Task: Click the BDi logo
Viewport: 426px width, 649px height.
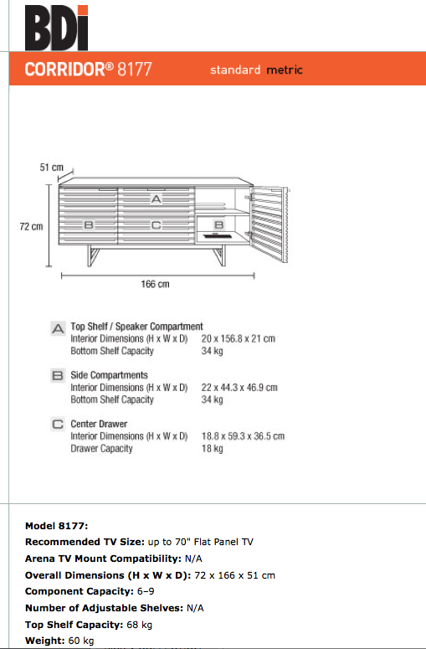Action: pyautogui.click(x=57, y=28)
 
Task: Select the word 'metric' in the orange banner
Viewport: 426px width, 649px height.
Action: pyautogui.click(x=285, y=70)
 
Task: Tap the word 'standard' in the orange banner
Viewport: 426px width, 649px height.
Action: pyautogui.click(x=235, y=70)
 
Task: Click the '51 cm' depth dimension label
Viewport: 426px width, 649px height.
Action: pyautogui.click(x=52, y=167)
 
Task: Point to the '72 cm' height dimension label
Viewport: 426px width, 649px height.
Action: pyautogui.click(x=32, y=226)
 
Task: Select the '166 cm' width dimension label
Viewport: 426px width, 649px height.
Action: pyautogui.click(x=155, y=284)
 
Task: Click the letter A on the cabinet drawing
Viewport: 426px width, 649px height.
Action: pyautogui.click(x=156, y=199)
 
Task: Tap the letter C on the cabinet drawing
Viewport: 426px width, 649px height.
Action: pyautogui.click(x=156, y=225)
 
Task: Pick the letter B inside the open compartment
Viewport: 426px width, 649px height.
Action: pyautogui.click(x=218, y=224)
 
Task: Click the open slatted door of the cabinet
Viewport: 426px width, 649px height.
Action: pyautogui.click(x=269, y=224)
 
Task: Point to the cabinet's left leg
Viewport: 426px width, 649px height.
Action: pyautogui.click(x=94, y=255)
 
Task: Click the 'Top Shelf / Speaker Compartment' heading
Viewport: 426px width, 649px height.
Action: pyautogui.click(x=137, y=326)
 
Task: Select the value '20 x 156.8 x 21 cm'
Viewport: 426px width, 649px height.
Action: pyautogui.click(x=239, y=338)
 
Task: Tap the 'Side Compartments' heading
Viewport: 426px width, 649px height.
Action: pyautogui.click(x=109, y=375)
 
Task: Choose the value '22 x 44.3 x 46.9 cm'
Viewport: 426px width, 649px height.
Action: pyautogui.click(x=239, y=388)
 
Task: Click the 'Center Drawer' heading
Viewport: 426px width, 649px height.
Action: pyautogui.click(x=99, y=424)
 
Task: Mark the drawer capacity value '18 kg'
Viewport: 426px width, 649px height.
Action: pyautogui.click(x=213, y=448)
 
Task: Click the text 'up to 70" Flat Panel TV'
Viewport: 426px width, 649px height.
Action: pyautogui.click(x=201, y=542)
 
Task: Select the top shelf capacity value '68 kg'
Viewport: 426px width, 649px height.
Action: pyautogui.click(x=140, y=625)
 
